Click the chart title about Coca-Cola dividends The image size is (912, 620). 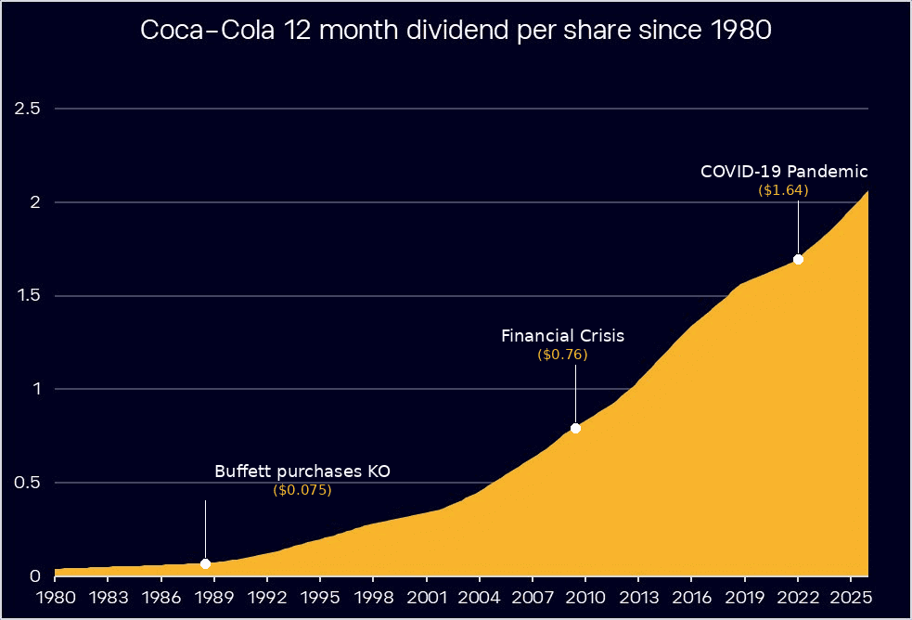[x=456, y=31]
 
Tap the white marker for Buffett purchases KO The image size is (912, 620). [x=205, y=563]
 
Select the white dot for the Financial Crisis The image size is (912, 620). [x=575, y=428]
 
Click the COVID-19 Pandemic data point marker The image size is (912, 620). [x=798, y=259]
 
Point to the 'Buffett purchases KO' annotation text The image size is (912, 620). [x=302, y=471]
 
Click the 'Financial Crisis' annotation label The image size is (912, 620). [x=562, y=336]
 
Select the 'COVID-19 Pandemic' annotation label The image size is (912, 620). [x=784, y=172]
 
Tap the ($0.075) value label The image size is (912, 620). [x=302, y=490]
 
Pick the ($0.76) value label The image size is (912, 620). [x=562, y=355]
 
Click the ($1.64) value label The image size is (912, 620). [x=784, y=190]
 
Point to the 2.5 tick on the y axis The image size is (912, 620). [x=28, y=109]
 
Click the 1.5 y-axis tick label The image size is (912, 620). [x=28, y=296]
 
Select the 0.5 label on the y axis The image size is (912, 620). [x=28, y=483]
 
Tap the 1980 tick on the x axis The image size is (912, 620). [x=55, y=595]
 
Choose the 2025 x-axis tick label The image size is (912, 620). [x=851, y=595]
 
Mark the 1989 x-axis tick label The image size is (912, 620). [x=213, y=595]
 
